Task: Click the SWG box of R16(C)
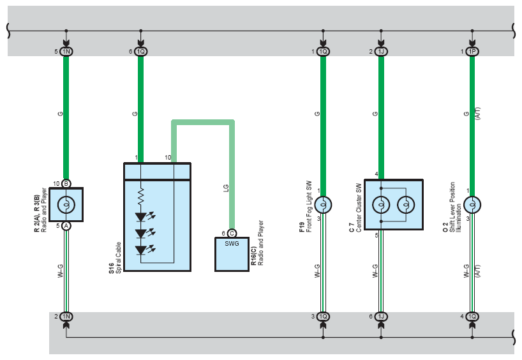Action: click(232, 254)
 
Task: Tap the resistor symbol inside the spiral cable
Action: click(141, 197)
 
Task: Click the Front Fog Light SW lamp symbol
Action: click(323, 204)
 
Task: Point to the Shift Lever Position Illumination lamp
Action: click(472, 204)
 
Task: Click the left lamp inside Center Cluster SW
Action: click(381, 204)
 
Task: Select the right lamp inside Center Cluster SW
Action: click(406, 204)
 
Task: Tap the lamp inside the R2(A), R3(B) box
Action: click(66, 204)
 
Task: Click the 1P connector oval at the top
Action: click(472, 51)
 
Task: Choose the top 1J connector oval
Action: click(381, 51)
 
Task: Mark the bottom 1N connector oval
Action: click(66, 317)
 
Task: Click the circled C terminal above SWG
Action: click(232, 233)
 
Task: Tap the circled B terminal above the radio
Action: click(66, 183)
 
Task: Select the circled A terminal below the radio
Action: click(66, 226)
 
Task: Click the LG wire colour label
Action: click(226, 188)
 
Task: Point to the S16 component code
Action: click(111, 269)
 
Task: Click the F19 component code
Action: click(302, 227)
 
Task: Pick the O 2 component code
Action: click(445, 227)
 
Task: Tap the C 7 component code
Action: click(352, 227)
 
